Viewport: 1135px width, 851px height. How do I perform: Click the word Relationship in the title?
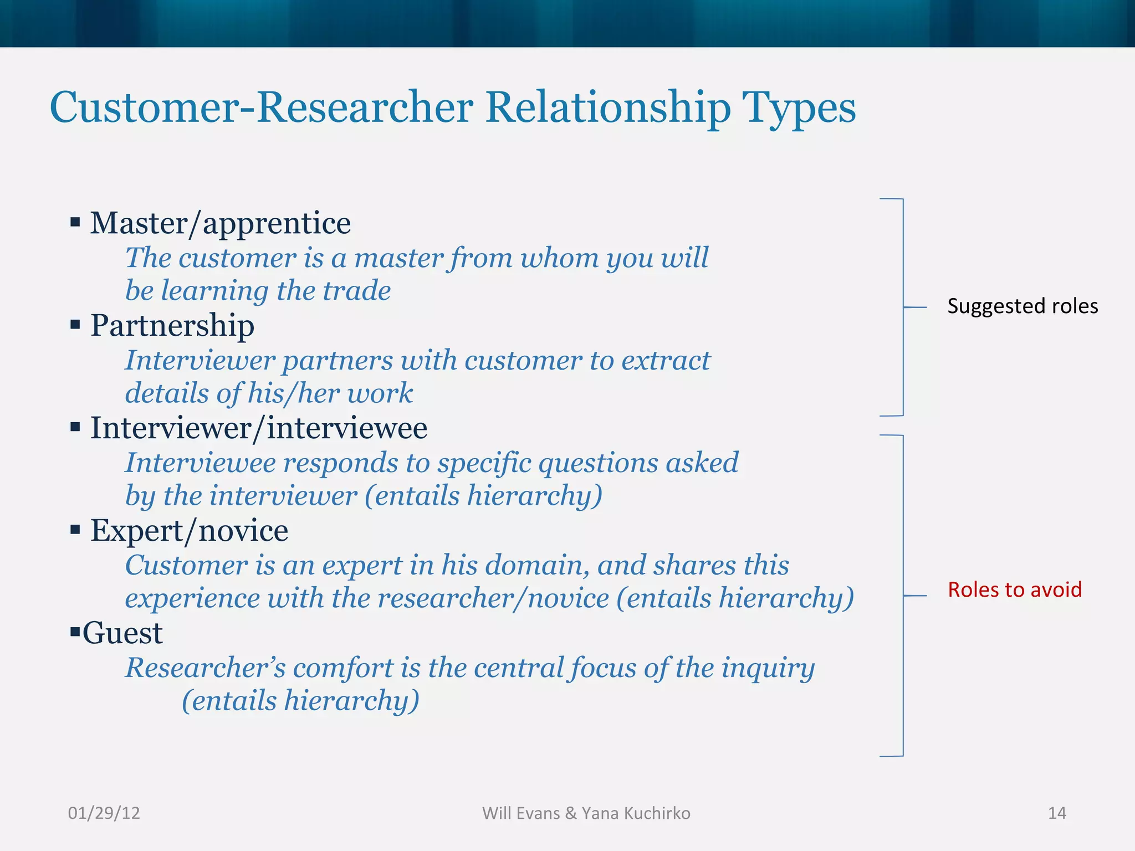pyautogui.click(x=609, y=107)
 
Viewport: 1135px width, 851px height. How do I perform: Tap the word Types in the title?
pyautogui.click(x=799, y=109)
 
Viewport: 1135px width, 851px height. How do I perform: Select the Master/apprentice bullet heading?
pyautogui.click(x=220, y=223)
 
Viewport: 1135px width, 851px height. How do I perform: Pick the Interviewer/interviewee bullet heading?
pyautogui.click(x=258, y=428)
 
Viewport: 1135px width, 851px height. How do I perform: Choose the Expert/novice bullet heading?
pyautogui.click(x=189, y=531)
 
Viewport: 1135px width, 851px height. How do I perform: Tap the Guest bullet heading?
pyautogui.click(x=122, y=633)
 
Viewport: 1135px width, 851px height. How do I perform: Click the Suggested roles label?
pyautogui.click(x=1022, y=306)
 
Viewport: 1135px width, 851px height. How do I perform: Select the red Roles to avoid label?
pyautogui.click(x=1014, y=589)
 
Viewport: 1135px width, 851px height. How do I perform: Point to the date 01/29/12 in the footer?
pyautogui.click(x=104, y=813)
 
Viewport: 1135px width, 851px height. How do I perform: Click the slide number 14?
pyautogui.click(x=1056, y=813)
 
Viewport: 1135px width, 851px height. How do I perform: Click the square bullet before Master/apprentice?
pyautogui.click(x=75, y=223)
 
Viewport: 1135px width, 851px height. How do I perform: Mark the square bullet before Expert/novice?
pyautogui.click(x=75, y=530)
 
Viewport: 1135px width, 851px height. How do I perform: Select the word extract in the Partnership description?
pyautogui.click(x=666, y=361)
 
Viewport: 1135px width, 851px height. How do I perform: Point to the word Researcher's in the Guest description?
pyautogui.click(x=205, y=668)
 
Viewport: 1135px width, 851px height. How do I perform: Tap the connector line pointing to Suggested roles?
pyautogui.click(x=915, y=307)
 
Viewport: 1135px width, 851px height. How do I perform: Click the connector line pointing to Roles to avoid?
pyautogui.click(x=915, y=596)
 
